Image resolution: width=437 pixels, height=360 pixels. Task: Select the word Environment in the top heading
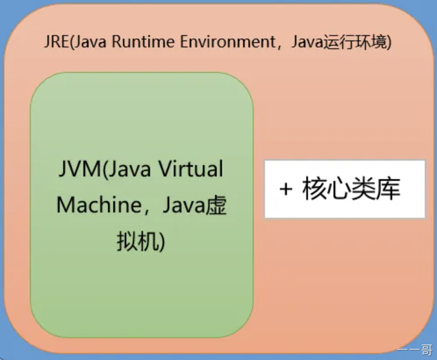tap(228, 42)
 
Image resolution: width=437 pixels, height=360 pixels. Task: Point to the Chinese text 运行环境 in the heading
tap(355, 43)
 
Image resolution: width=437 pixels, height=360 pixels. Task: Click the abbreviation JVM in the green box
tap(80, 169)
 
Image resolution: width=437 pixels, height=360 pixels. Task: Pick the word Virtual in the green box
tap(190, 169)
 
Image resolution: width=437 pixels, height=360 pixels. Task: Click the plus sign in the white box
tap(286, 189)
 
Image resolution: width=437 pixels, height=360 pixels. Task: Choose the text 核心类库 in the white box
tap(351, 189)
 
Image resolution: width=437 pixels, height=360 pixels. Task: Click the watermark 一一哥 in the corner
tap(415, 349)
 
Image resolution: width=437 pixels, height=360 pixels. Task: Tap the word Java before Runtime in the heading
tap(90, 42)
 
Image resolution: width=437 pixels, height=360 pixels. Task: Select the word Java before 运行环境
tap(307, 43)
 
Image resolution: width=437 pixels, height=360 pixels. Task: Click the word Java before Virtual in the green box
tap(129, 169)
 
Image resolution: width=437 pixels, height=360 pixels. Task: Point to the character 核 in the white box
tap(315, 189)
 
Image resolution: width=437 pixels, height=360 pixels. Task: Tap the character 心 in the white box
tap(339, 189)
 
